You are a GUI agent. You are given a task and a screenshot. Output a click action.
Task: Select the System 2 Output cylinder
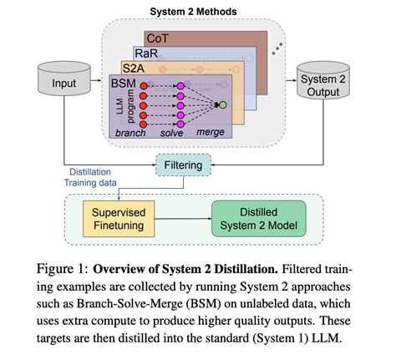point(317,86)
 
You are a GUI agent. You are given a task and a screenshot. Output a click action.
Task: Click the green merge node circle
point(221,104)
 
